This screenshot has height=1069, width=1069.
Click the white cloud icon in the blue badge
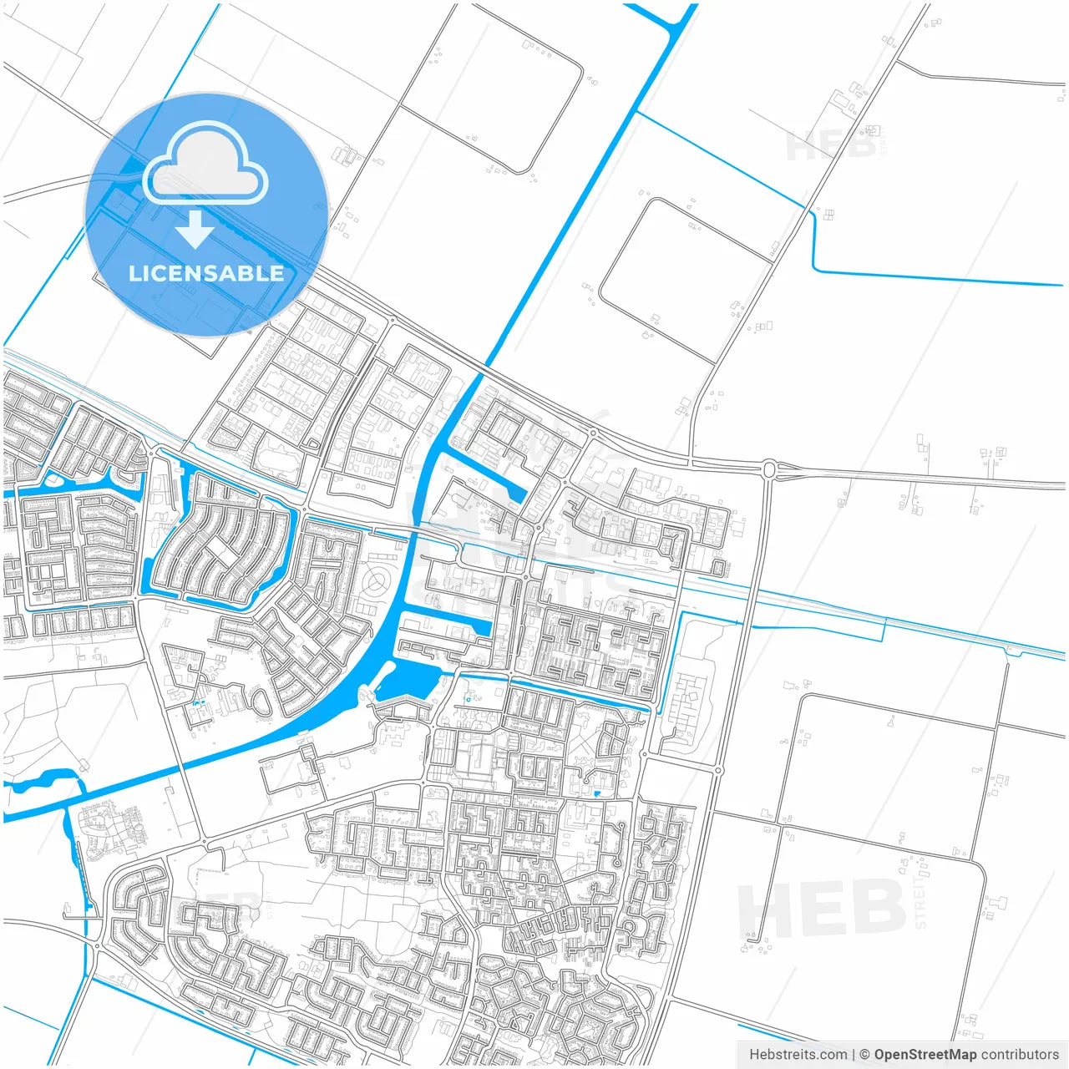[x=205, y=165]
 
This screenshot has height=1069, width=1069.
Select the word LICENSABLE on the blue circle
[x=205, y=273]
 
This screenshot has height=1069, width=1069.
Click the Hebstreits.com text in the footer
[x=798, y=1055]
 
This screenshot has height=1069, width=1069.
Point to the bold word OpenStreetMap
[x=925, y=1055]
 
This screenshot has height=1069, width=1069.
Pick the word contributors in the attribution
[x=1020, y=1055]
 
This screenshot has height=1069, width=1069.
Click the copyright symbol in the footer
[x=864, y=1055]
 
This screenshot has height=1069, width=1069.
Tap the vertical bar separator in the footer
[x=853, y=1055]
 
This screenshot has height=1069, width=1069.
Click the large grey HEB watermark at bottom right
[x=823, y=908]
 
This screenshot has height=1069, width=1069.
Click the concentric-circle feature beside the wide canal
[x=379, y=580]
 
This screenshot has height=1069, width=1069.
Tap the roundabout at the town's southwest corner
[x=98, y=946]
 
